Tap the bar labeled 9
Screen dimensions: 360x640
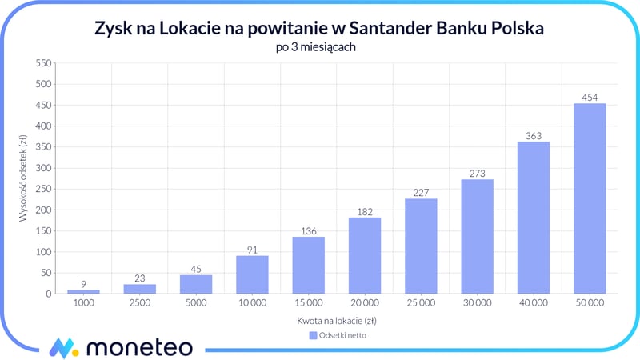83,291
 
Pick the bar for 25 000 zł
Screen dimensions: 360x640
421,246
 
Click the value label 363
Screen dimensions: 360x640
534,135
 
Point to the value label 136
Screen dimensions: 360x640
308,230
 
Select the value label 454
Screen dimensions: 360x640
590,98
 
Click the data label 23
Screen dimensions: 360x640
139,278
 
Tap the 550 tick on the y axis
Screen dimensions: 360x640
42,63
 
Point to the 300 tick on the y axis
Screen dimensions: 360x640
42,168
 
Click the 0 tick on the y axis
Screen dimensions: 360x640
48,294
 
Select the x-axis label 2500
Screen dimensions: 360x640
139,305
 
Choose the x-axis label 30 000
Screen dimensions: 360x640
477,305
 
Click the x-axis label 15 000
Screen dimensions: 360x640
308,305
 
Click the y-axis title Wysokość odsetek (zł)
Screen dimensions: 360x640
25,178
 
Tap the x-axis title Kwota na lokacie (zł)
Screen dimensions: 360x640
336,320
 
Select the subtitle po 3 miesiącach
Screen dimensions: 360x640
320,47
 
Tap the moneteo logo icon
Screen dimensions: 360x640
62,347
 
